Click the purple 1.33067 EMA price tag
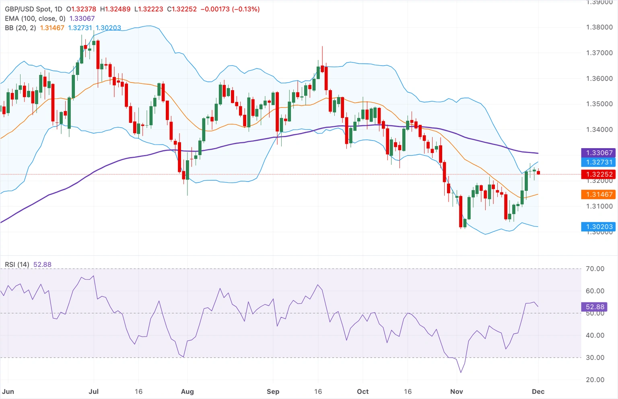click(x=599, y=153)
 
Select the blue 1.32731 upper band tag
click(x=599, y=162)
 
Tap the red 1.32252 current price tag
click(x=599, y=174)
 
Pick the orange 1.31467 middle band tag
click(x=599, y=194)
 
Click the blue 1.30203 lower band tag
click(x=599, y=227)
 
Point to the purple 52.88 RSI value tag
click(x=595, y=307)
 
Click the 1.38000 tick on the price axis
click(x=599, y=27)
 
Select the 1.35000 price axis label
click(x=599, y=104)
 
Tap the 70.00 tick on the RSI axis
click(x=595, y=269)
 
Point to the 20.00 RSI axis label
click(x=595, y=380)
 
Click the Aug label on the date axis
click(x=187, y=391)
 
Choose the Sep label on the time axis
click(x=273, y=391)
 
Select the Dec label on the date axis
click(x=538, y=391)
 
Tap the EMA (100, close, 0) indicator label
click(x=35, y=19)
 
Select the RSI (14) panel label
click(x=17, y=265)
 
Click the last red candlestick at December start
click(x=538, y=173)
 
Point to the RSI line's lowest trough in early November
click(x=461, y=372)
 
